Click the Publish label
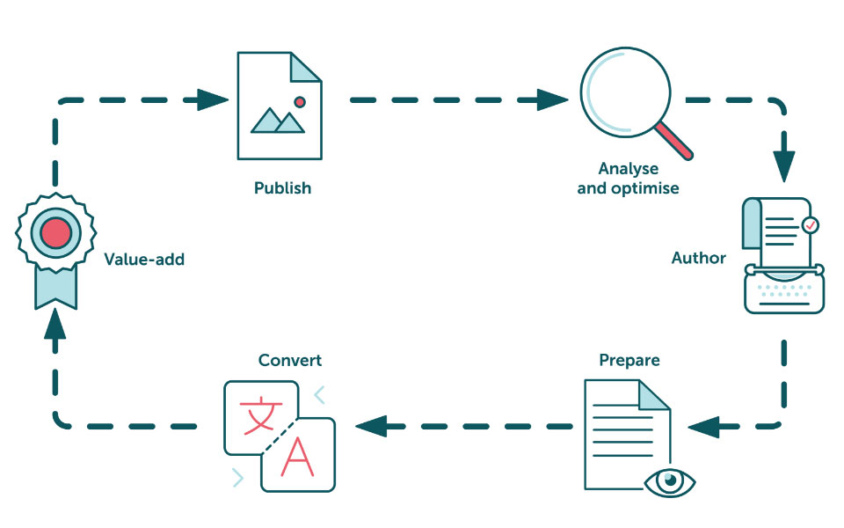[282, 188]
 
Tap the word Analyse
[628, 169]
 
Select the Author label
[699, 258]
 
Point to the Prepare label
[629, 360]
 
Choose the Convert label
[290, 360]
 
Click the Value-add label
[144, 259]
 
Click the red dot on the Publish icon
[300, 102]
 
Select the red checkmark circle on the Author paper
[810, 225]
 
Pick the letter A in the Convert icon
[299, 458]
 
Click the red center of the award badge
[55, 232]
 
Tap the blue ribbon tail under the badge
[55, 286]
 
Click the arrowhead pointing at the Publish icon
[213, 99]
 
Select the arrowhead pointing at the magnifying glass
[554, 99]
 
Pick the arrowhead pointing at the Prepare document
[702, 427]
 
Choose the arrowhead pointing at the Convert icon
[369, 427]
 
